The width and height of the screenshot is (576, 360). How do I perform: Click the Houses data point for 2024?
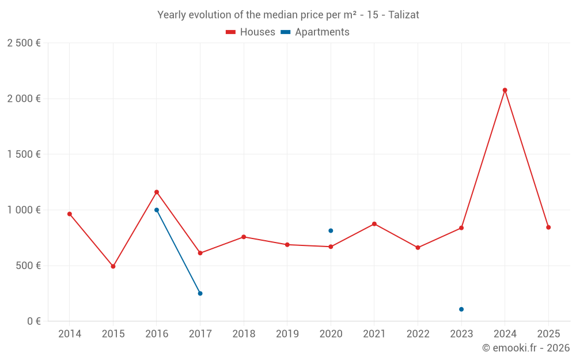505,90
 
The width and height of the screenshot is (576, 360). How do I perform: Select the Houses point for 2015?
113,266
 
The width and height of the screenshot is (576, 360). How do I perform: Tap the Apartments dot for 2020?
331,230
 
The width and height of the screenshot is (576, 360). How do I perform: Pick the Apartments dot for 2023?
461,309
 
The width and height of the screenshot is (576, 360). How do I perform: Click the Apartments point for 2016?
157,210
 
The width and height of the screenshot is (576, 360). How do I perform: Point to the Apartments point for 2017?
200,293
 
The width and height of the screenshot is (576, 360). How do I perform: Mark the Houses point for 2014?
70,214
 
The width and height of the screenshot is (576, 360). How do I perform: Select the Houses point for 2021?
374,223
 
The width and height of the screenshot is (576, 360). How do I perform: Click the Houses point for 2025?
548,227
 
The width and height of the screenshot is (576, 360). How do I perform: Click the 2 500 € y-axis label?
24,43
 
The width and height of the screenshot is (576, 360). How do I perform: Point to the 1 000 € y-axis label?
24,210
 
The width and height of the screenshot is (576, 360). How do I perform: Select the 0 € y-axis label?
32,321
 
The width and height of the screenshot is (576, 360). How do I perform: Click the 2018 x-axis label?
244,334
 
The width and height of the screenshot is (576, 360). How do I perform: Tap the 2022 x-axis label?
418,334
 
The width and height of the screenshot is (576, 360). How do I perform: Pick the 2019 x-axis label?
287,334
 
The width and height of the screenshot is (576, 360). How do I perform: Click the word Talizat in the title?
404,15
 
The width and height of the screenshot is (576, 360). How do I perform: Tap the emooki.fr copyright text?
526,348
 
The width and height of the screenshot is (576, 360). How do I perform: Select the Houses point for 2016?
157,192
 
